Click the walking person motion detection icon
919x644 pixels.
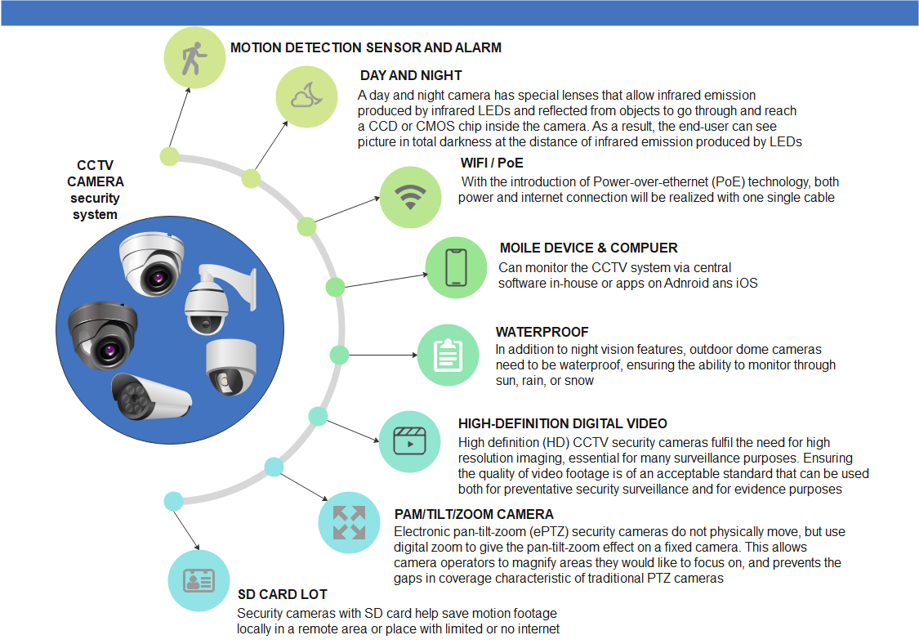point(194,58)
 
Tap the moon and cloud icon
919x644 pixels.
point(306,96)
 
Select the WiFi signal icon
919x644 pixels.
point(410,196)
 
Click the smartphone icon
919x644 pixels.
point(456,267)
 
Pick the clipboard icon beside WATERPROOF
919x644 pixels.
point(448,355)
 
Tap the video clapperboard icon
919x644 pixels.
point(410,441)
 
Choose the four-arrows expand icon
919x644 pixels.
point(349,522)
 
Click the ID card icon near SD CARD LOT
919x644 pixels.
point(199,580)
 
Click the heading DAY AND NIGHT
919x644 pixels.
point(411,76)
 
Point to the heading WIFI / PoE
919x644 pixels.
point(492,163)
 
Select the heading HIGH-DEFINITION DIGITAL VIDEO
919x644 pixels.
point(563,423)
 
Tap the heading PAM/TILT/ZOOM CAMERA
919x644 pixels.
point(474,514)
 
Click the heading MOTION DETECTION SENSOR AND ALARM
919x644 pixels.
point(366,47)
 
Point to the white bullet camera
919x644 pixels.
point(151,396)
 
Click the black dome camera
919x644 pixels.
point(103,336)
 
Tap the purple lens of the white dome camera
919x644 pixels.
point(157,277)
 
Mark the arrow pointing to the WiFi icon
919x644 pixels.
point(347,209)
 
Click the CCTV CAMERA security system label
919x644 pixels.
point(95,190)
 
